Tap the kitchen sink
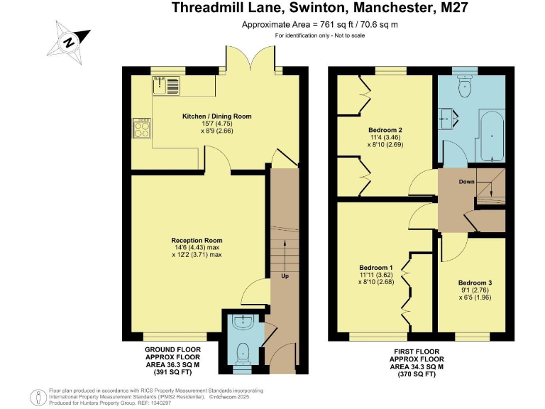[165, 87]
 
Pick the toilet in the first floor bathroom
[465, 87]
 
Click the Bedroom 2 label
[385, 130]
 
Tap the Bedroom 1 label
[375, 268]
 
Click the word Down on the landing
[466, 182]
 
